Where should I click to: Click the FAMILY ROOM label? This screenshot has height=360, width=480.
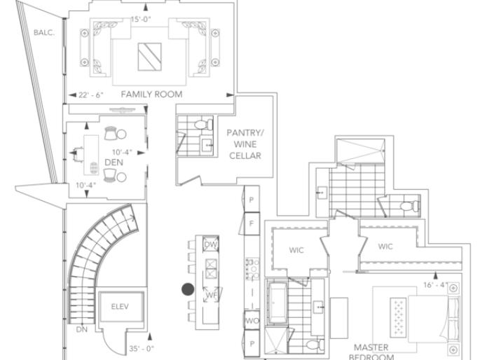point(151,94)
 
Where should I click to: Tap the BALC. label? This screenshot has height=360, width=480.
point(43,32)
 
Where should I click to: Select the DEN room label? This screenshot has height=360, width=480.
point(114,162)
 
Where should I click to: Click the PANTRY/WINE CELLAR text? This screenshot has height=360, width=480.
point(244,144)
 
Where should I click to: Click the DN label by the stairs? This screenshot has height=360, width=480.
point(82,328)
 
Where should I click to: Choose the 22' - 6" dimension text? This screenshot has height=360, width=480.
point(91,95)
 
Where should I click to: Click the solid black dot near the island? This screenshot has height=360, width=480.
point(188,288)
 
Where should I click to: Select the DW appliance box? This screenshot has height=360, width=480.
point(210,244)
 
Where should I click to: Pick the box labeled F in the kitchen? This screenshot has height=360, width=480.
point(252,223)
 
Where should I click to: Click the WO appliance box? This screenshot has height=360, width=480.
point(252,321)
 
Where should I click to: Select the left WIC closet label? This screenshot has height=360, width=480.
point(296,250)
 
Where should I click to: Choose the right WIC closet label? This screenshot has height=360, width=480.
point(385,247)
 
